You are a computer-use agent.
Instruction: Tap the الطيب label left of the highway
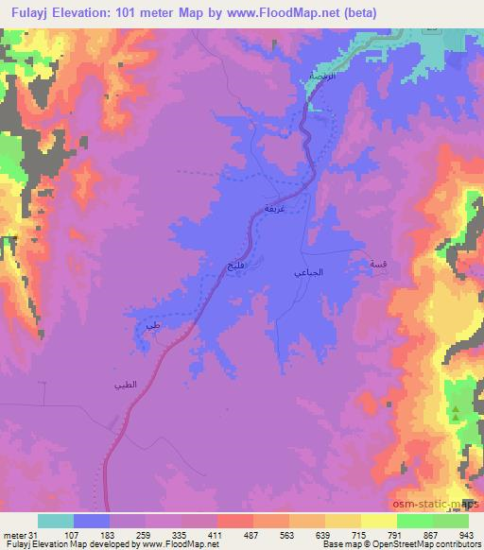pos(126,384)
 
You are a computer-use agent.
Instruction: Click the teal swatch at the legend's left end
pos(56,521)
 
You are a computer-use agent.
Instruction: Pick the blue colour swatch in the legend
pos(92,521)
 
